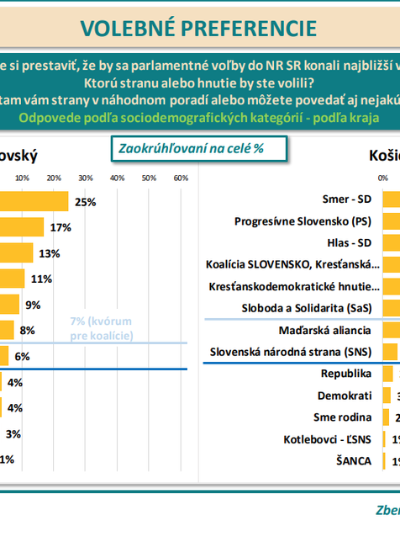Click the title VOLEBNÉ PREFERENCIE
[199, 28]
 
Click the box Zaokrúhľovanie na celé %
[199, 148]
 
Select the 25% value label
[85, 202]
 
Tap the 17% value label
[60, 228]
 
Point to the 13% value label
[49, 253]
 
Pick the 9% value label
[33, 305]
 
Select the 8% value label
[27, 331]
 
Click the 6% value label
[22, 356]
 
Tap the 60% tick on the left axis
[179, 178]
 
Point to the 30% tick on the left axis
[85, 178]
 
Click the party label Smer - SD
[349, 199]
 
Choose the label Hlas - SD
[350, 243]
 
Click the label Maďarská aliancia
[326, 330]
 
